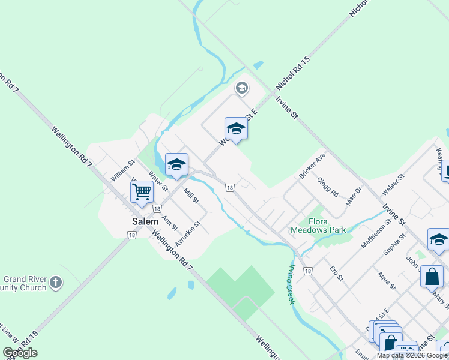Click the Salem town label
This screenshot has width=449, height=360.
pos(145,221)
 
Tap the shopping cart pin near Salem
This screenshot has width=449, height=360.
pos(142,193)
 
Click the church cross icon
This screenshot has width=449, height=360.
pos(56,282)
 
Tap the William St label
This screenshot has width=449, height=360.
pos(123,171)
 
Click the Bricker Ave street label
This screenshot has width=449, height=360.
pos(312,167)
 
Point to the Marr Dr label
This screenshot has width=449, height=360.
pos(355,196)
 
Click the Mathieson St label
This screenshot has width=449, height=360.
pos(376,234)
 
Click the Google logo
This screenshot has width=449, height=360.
pos(20,353)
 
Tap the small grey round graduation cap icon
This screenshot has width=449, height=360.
pos(241,89)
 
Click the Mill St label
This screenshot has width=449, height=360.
pos(191,196)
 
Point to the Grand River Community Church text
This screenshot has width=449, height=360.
pos(25,283)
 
